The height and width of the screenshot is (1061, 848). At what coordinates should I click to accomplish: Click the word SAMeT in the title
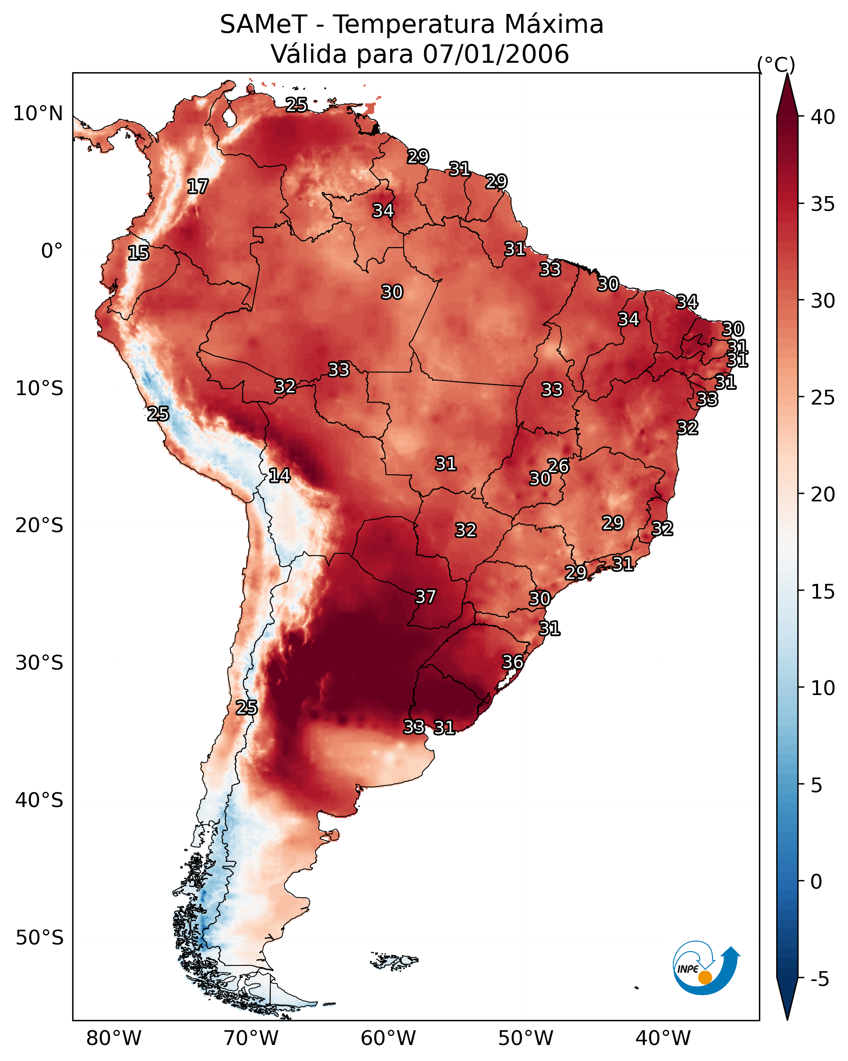tap(263, 25)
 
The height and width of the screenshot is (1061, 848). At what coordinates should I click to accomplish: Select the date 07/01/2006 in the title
tap(496, 54)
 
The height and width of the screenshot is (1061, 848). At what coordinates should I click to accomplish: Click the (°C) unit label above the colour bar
tap(776, 64)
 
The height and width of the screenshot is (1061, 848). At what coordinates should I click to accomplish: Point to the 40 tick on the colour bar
tap(823, 117)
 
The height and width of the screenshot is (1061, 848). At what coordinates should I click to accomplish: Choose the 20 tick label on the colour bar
tap(823, 494)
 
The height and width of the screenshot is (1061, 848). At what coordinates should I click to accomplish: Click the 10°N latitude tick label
tap(38, 114)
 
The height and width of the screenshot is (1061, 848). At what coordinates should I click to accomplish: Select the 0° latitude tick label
tap(52, 251)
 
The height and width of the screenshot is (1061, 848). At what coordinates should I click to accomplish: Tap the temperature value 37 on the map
tap(426, 597)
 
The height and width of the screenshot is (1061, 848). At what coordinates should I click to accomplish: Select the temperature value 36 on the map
tap(512, 662)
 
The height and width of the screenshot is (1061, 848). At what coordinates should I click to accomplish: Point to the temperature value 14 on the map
tap(279, 476)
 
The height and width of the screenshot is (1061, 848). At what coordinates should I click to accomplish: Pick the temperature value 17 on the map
tap(198, 187)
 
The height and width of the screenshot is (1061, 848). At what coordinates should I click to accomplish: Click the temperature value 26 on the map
tap(558, 466)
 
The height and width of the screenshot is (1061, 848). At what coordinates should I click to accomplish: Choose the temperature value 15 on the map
tap(138, 253)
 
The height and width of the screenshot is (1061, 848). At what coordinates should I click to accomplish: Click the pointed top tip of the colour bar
tap(787, 76)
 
